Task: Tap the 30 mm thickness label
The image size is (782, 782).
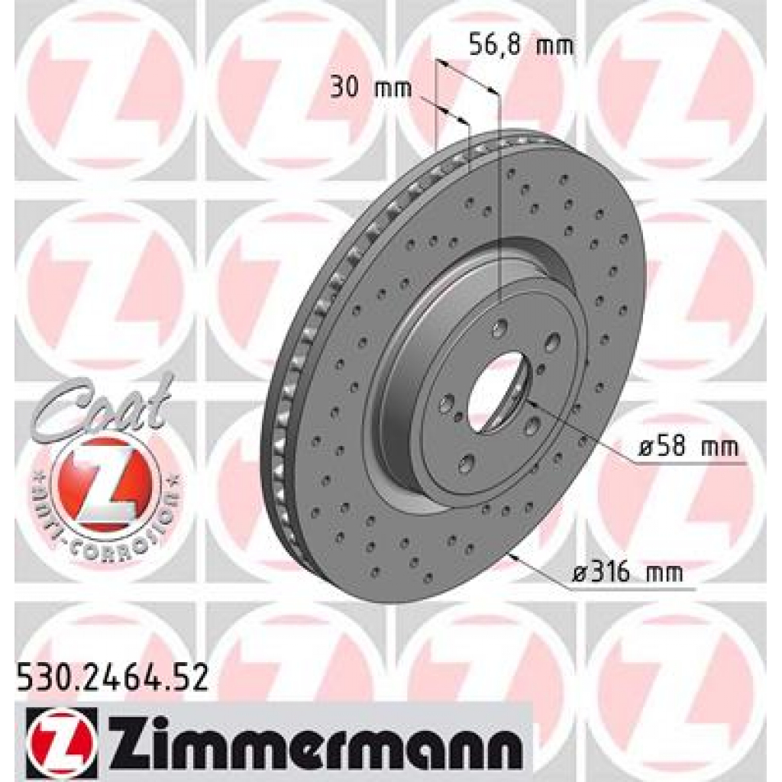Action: (x=370, y=89)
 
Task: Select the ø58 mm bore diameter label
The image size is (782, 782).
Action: (x=688, y=450)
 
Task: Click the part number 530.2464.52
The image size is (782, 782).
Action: (x=111, y=678)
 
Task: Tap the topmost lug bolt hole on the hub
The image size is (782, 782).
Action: (x=500, y=329)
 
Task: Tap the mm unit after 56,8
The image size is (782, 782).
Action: (x=555, y=45)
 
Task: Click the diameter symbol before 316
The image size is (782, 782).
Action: (x=578, y=573)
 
